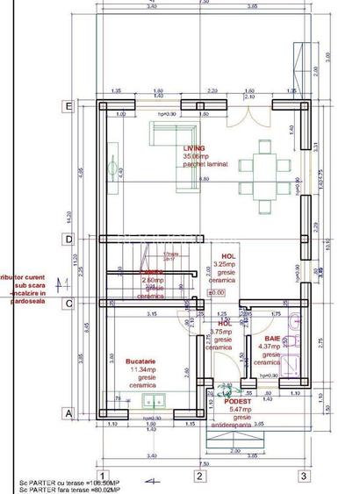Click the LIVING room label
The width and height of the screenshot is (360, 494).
coord(194,149)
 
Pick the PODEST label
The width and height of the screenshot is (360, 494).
coord(236,401)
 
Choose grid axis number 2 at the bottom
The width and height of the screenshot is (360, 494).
coord(199,476)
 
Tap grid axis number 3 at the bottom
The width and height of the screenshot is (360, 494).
coord(303,476)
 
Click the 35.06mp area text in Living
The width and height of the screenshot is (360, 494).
coord(194,156)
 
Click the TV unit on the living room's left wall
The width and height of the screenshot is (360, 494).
coord(112,165)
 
